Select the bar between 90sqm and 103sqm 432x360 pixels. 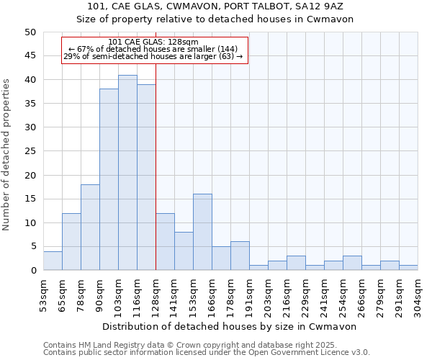(109, 180)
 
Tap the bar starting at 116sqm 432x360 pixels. (146, 177)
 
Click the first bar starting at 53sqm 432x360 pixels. (53, 261)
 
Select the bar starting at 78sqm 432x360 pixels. (90, 228)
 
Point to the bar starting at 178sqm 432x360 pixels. (240, 256)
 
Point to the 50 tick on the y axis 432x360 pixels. (30, 32)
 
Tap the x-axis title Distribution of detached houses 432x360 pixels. (230, 326)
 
